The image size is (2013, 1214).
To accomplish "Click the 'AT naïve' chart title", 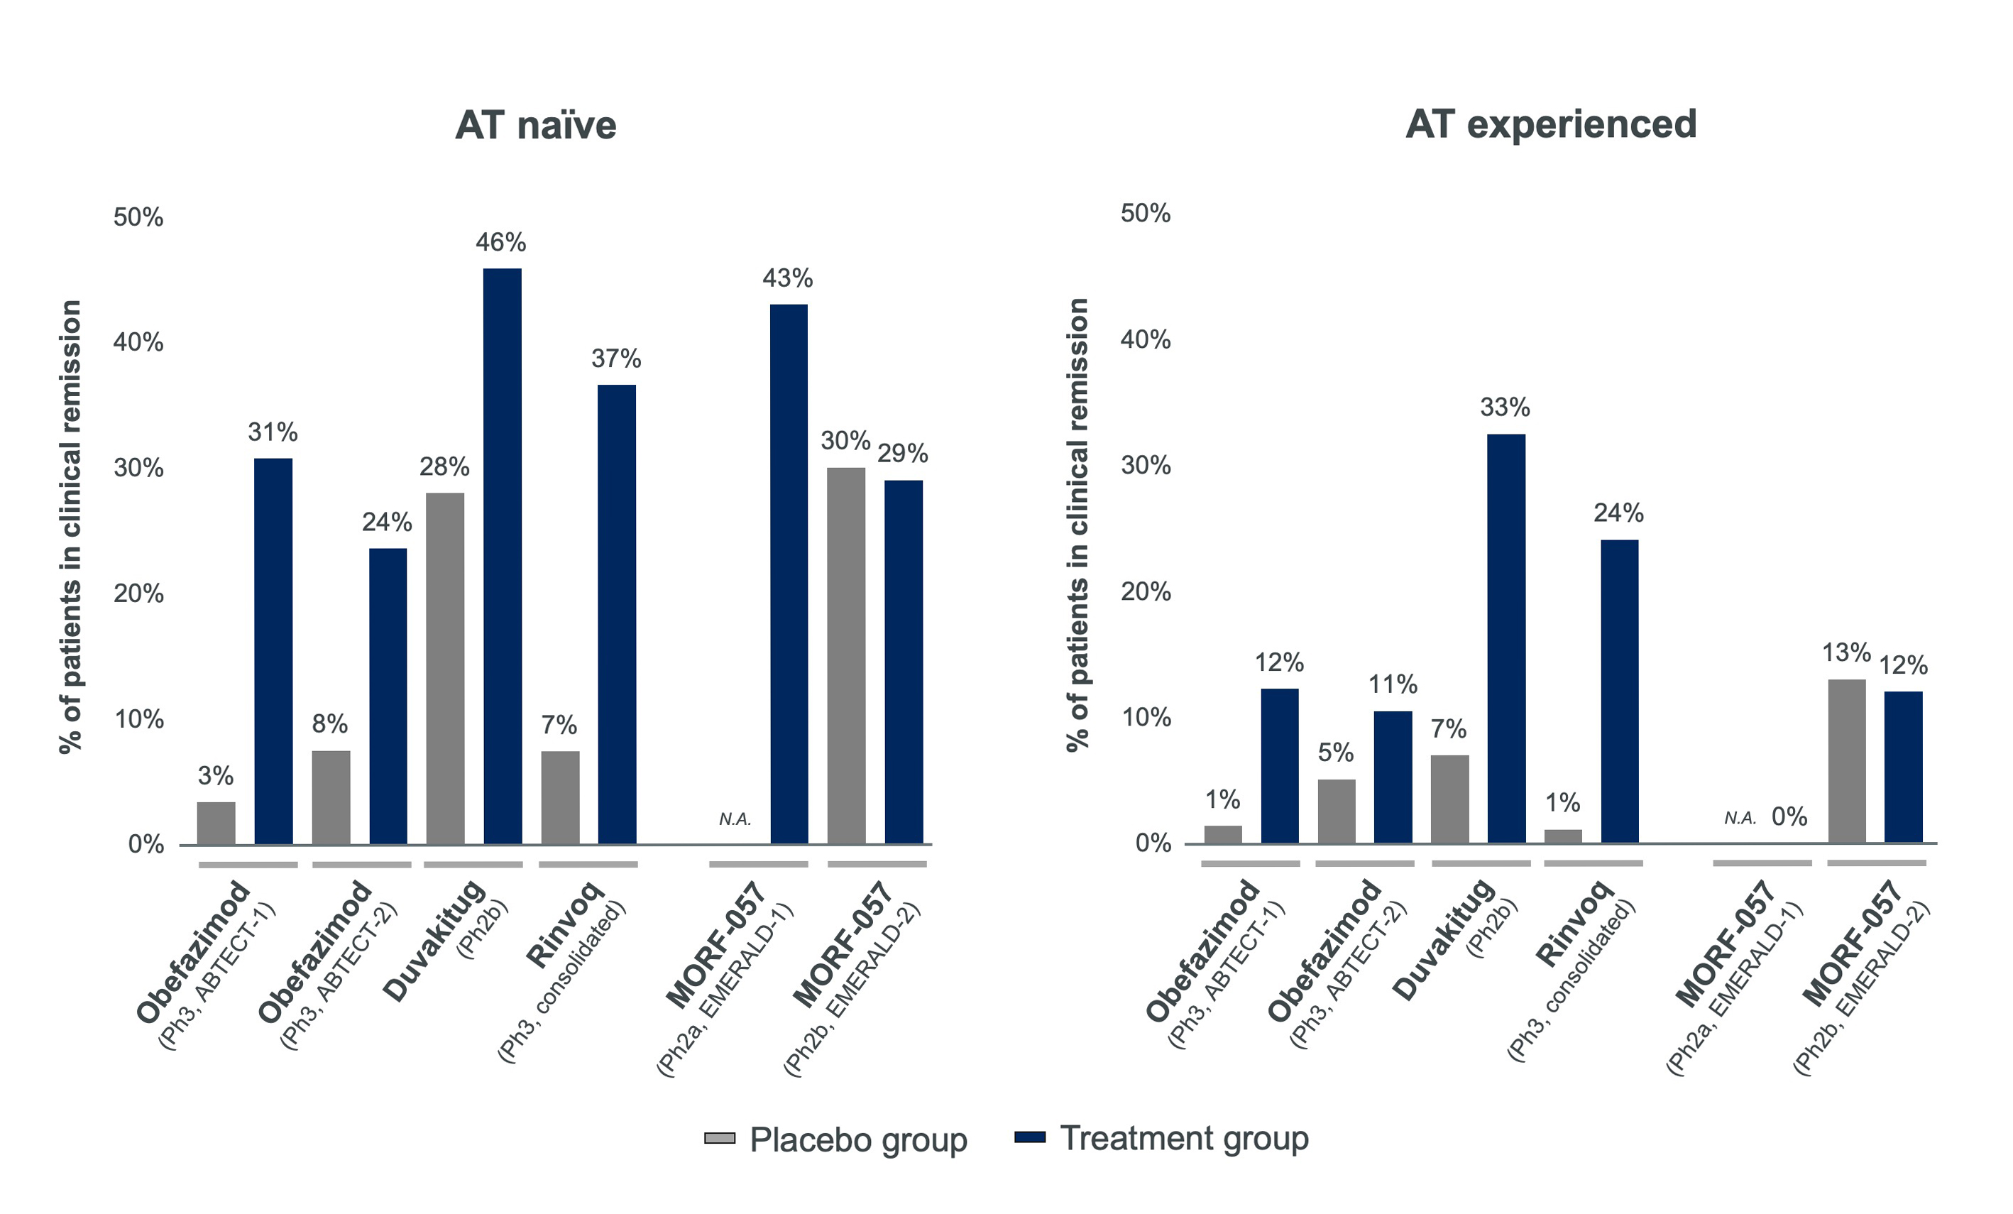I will tap(535, 126).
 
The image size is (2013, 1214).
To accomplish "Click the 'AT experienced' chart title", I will tap(1551, 124).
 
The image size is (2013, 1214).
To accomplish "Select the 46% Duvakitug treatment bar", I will tap(502, 556).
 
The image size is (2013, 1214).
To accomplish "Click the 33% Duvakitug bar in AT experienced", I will tap(1505, 638).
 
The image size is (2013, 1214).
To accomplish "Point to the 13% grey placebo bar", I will tap(1845, 760).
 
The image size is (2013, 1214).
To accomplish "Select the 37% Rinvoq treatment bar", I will tap(616, 613).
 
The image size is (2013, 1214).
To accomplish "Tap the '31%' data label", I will tap(273, 432).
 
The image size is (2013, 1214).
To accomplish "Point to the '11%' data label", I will tap(1392, 684).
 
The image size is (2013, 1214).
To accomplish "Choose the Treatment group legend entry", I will tap(1161, 1138).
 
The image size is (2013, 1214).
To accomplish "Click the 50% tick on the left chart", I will tap(138, 217).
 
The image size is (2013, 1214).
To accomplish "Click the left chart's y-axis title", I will tap(72, 526).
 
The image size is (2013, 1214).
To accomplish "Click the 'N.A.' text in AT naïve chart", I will tap(735, 819).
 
